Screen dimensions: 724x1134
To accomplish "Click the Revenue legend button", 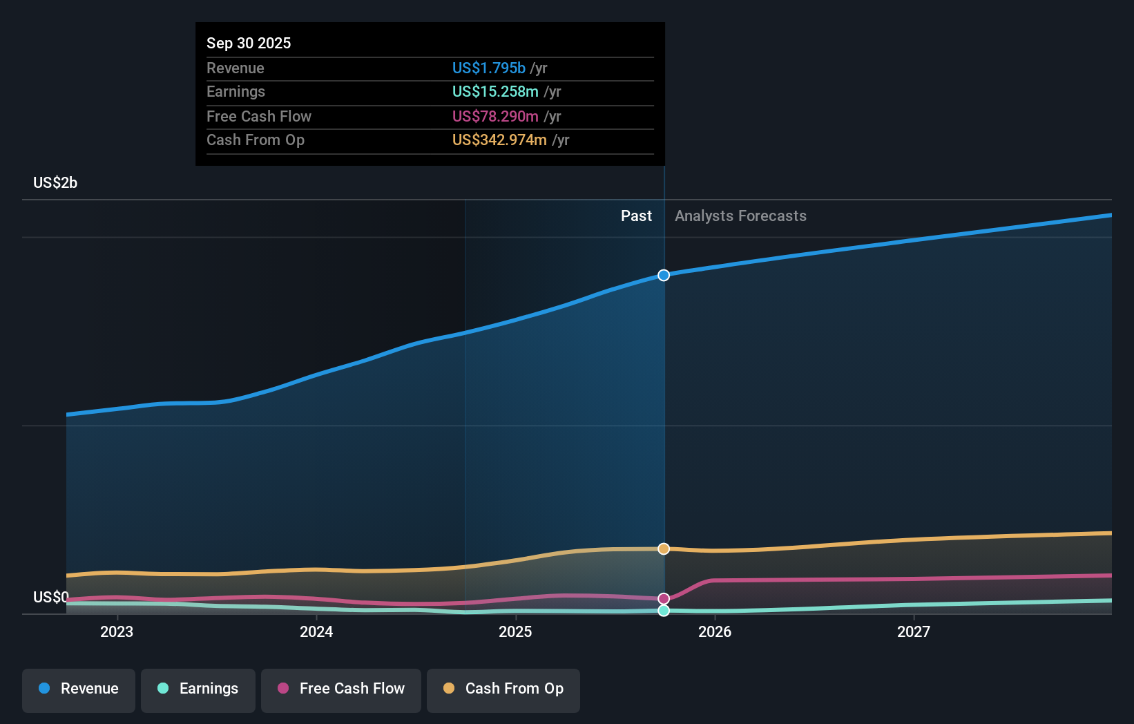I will [79, 689].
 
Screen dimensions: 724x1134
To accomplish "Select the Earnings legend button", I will [198, 689].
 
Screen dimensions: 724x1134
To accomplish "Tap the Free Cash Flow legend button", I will [341, 689].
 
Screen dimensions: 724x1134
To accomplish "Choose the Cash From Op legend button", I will [503, 689].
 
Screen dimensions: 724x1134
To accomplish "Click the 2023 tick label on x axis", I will [117, 631].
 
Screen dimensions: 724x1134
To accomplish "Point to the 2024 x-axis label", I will [316, 631].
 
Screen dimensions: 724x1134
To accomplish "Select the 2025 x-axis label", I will [515, 631].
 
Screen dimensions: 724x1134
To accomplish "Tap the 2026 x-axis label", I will [715, 631].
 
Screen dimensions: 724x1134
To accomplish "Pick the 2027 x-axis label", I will [913, 631].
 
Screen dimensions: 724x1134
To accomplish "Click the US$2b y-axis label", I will [55, 183].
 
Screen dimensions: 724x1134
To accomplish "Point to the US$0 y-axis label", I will [50, 597].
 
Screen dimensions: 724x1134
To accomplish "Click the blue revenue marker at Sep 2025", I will [664, 275].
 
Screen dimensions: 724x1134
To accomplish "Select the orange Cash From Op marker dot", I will [664, 549].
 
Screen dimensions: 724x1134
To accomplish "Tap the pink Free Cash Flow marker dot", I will [664, 599].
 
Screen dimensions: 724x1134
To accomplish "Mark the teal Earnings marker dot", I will [664, 611].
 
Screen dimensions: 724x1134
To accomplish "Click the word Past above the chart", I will [635, 216].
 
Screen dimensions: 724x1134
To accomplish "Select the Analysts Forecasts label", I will [740, 216].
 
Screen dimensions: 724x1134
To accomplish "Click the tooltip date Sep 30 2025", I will [249, 43].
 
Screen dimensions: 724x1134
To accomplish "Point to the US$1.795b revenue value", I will [488, 68].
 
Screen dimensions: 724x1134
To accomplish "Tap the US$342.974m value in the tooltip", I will [499, 140].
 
